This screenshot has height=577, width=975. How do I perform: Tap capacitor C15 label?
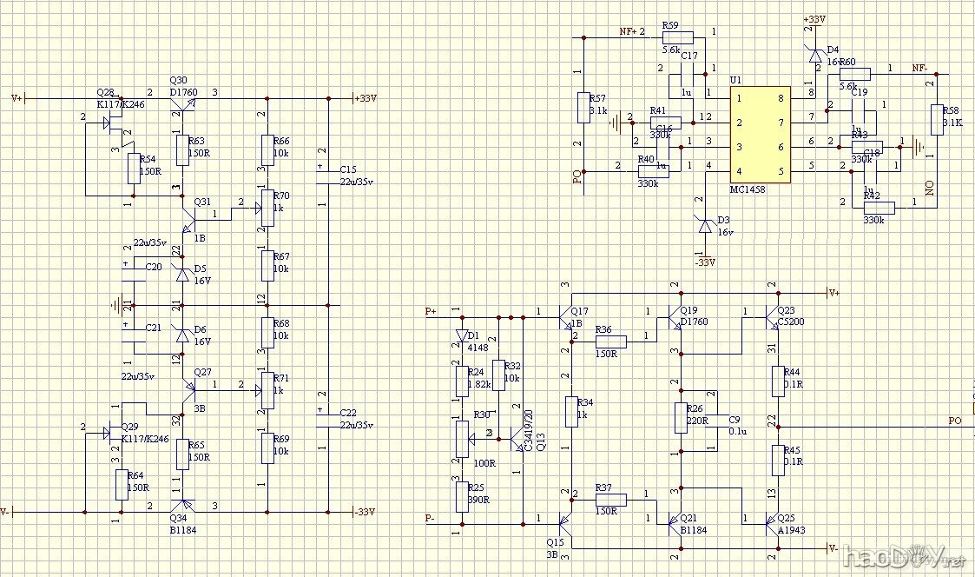[x=348, y=169]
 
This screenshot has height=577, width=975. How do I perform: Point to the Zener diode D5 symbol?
[x=182, y=275]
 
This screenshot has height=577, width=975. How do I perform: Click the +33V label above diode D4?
[x=814, y=19]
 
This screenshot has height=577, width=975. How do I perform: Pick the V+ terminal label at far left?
[x=16, y=98]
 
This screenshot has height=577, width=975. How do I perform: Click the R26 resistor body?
[x=681, y=418]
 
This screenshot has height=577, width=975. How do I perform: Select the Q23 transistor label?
[x=786, y=310]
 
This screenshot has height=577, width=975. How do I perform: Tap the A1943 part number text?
[x=791, y=528]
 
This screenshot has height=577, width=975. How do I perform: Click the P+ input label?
[x=432, y=311]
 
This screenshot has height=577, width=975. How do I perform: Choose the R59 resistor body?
[x=678, y=37]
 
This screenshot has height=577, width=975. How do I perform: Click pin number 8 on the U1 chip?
[x=781, y=98]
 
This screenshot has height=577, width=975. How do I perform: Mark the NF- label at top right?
[x=919, y=67]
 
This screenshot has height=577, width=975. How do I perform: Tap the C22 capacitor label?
[x=348, y=413]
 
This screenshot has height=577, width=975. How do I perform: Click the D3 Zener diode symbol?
[x=706, y=225]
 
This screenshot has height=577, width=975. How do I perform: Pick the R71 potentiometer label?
[x=281, y=378]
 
